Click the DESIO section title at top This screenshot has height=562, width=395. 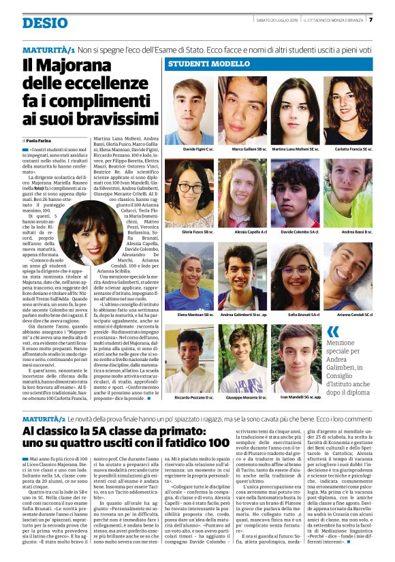(x=45, y=22)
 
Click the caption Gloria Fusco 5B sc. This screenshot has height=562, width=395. (x=189, y=232)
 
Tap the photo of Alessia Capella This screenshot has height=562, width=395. (x=242, y=194)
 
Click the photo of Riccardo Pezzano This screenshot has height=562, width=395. (x=189, y=359)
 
